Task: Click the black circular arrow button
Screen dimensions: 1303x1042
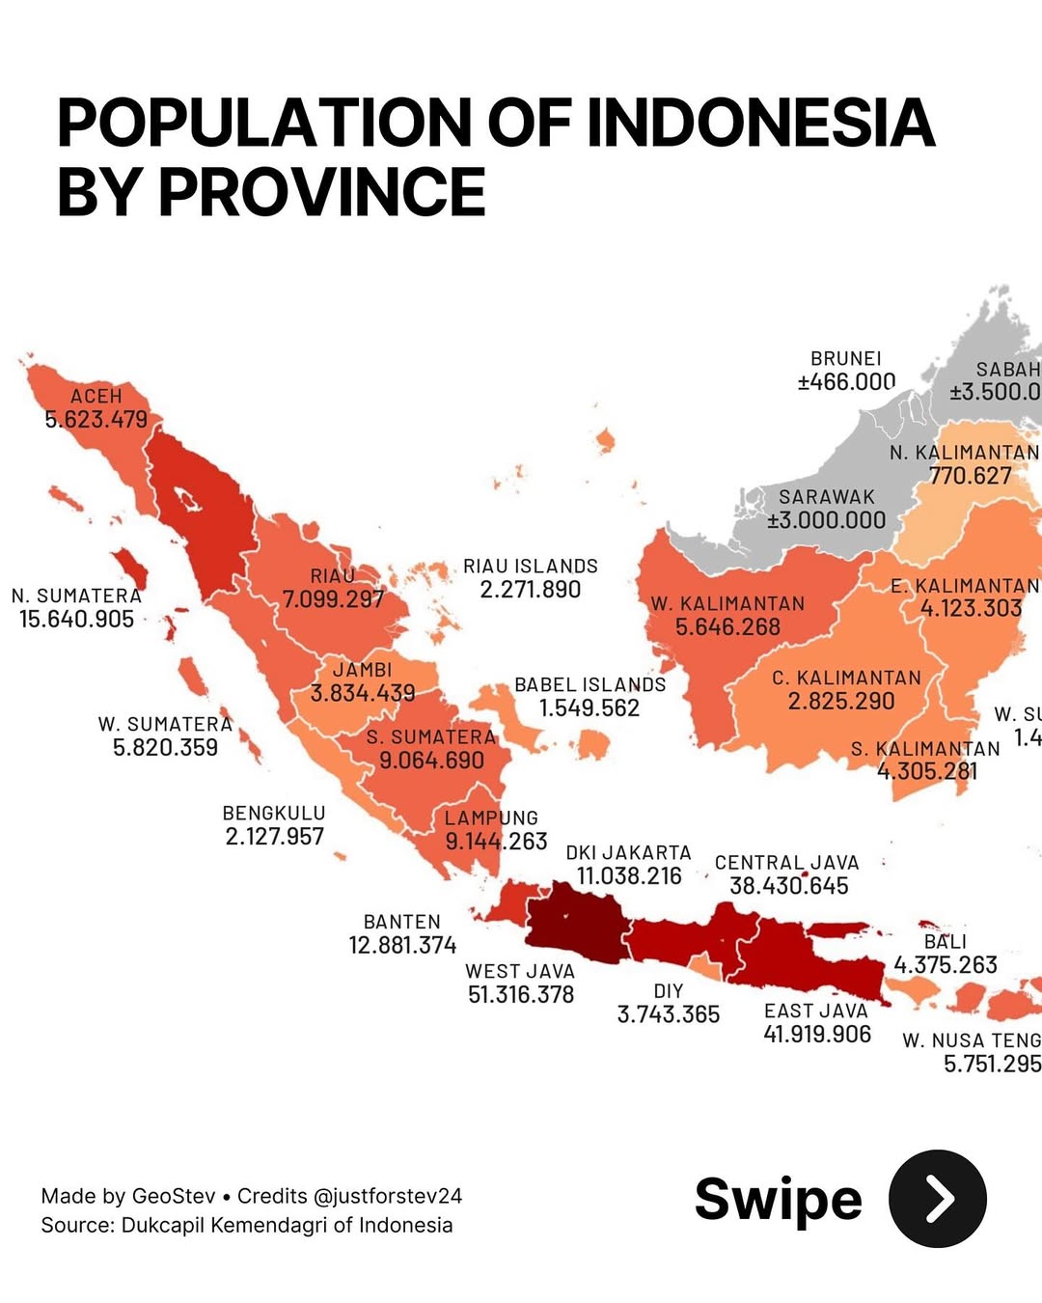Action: [x=937, y=1199]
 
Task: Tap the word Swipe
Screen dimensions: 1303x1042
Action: [x=778, y=1200]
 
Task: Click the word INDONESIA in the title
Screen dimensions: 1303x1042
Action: [x=760, y=124]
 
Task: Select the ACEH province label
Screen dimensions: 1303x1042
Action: [x=96, y=397]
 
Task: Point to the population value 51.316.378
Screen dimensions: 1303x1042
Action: [x=521, y=995]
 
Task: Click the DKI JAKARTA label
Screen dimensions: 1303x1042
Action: [x=628, y=853]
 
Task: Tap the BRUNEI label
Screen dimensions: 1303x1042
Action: [x=846, y=359]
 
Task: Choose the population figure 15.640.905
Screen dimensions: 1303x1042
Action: [x=77, y=620]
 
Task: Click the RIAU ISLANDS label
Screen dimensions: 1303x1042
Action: [x=531, y=567]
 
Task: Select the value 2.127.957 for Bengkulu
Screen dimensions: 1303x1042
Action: [x=275, y=837]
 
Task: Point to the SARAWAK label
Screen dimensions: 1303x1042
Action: [x=827, y=497]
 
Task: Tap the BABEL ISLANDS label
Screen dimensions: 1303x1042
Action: [x=590, y=685]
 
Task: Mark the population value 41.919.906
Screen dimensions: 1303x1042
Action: [x=817, y=1035]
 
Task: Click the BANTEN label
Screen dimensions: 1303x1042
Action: [x=402, y=923]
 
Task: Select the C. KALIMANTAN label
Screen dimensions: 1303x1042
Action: [x=846, y=679]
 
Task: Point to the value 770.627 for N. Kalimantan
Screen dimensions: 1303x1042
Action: [x=971, y=476]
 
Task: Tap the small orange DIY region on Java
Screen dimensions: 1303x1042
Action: [x=705, y=966]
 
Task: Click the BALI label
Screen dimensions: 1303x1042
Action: [x=945, y=942]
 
